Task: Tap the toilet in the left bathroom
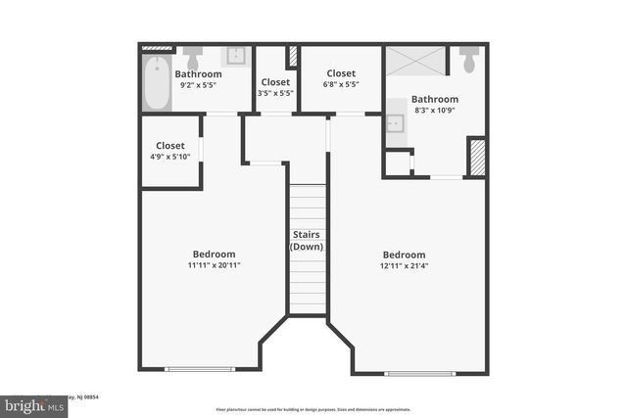point(192,57)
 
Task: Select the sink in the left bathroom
point(237,56)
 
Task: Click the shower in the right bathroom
point(415,60)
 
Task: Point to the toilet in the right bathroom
point(468,61)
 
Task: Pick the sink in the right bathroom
point(395,123)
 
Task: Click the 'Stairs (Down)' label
point(307,241)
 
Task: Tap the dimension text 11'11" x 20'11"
point(214,265)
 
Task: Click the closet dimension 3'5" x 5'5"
point(275,94)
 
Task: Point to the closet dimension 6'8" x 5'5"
point(341,84)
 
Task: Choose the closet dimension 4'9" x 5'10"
point(169,157)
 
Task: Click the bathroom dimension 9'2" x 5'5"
point(198,85)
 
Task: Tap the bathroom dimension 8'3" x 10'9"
point(434,111)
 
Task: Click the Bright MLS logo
point(35,404)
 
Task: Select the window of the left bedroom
point(199,369)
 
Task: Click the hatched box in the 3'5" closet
point(292,57)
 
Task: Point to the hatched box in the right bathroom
point(477,158)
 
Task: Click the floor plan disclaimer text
point(313,409)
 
